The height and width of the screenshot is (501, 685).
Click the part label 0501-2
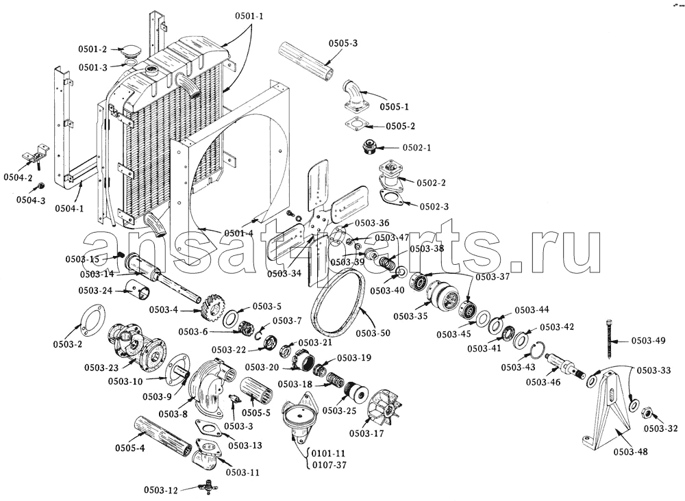(92, 49)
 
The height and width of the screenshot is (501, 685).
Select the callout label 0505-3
(342, 43)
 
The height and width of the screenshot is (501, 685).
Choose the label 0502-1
(416, 148)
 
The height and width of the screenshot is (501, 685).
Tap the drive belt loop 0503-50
(340, 305)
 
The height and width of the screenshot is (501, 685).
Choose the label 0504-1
(69, 208)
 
